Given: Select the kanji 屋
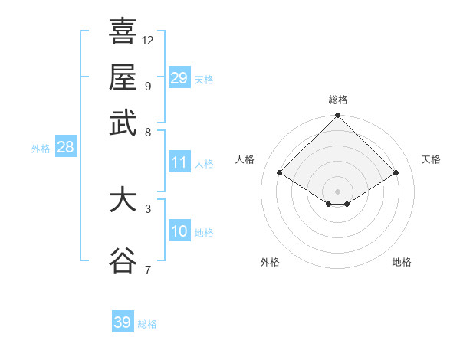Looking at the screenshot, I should point(123,77).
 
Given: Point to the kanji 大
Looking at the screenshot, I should point(123,201).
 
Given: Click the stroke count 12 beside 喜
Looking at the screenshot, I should point(148,40).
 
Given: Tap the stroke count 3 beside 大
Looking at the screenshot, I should point(147,208).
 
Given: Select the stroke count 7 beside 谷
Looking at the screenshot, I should point(147,269).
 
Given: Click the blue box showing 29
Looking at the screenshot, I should point(179,78).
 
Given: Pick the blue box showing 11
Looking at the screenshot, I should point(179,162).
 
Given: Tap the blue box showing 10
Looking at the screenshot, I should point(179,231).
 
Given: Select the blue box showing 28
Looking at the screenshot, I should point(65,148).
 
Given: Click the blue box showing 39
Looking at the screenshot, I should point(122,322).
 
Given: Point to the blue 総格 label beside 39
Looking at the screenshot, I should point(147,324).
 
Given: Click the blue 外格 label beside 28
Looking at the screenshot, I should point(41,149).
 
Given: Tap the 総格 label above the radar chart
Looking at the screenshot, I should point(337,100).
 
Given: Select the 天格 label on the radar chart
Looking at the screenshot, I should point(431,159).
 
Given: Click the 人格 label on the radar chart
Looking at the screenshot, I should point(245,159).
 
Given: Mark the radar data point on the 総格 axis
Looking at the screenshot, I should point(337,116).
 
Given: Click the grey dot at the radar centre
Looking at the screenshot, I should point(337,191).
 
